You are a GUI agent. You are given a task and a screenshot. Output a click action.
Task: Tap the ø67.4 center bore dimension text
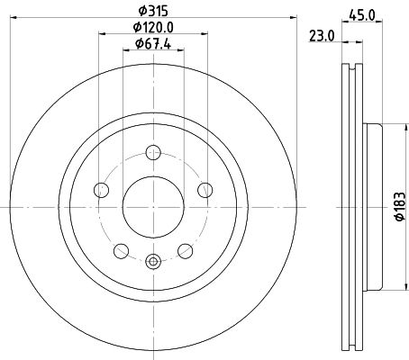pos(152,44)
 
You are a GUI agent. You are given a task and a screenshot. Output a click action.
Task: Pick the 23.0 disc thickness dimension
pos(321,37)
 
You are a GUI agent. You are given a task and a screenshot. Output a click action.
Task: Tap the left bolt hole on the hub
pos(101,189)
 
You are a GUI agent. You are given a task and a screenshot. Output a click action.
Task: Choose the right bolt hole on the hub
pos(204,189)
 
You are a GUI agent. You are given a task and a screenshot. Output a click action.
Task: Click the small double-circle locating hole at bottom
pos(152,262)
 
